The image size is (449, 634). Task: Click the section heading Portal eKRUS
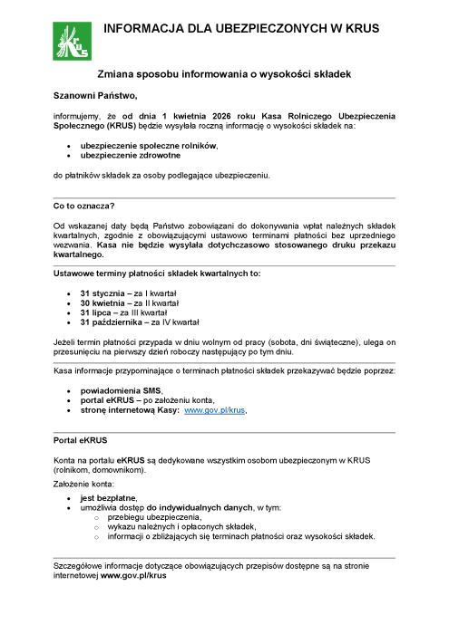point(80,440)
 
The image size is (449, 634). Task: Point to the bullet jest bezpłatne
point(108,498)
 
